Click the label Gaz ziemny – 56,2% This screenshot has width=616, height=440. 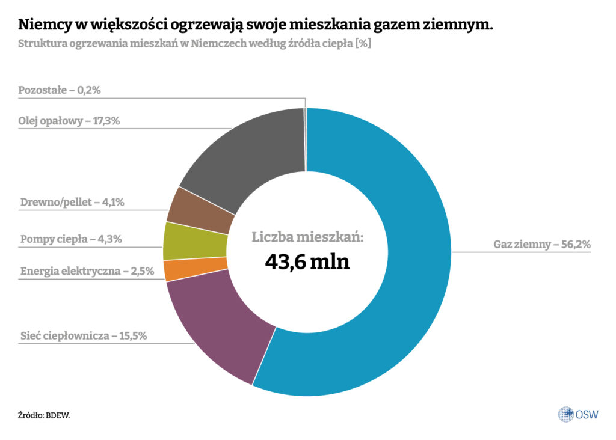[x=542, y=245]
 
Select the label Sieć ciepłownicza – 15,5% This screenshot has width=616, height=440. [x=82, y=335]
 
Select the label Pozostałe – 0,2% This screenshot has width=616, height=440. [x=59, y=90]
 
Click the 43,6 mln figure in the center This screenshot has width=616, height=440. [x=307, y=262]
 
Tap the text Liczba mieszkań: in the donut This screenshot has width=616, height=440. [x=307, y=237]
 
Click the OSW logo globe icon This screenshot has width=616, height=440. [x=565, y=414]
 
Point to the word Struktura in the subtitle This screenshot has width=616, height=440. [x=42, y=44]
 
